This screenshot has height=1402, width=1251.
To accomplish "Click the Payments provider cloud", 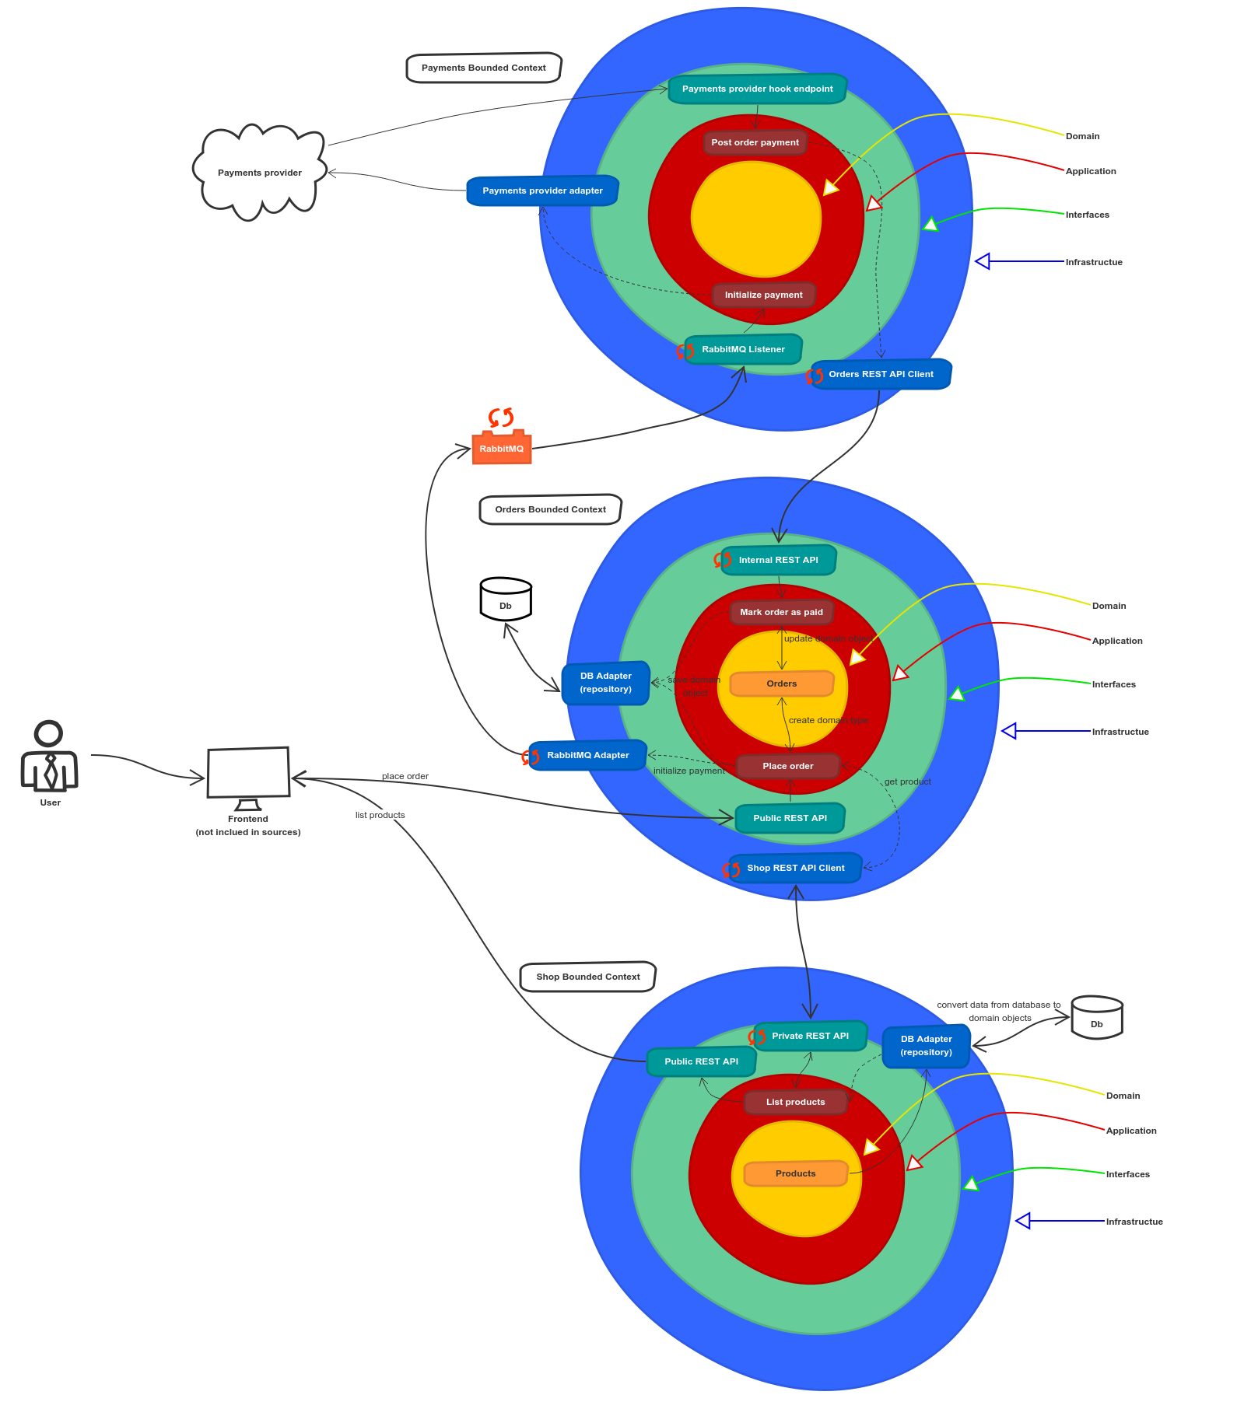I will coord(259,172).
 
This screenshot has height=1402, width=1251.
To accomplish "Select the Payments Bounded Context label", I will coord(483,68).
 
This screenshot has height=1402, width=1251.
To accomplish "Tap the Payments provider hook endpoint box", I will coord(757,89).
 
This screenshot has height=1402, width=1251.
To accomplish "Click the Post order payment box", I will coord(755,142).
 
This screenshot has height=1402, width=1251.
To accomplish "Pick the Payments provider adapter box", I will coord(542,191).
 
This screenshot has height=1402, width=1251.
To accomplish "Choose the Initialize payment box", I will coord(763,295).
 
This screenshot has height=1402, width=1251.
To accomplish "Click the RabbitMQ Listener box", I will coord(743,349).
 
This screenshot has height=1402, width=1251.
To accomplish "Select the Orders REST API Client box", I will coord(881,374).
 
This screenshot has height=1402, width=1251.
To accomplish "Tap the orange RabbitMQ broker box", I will coord(502,449).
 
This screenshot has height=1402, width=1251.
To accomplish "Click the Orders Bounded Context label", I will coord(550,509).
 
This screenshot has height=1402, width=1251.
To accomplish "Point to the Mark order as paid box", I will coord(781,612).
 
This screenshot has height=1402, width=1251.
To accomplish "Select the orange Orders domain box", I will coord(781,684).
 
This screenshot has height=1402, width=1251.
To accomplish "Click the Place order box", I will coord(787,766).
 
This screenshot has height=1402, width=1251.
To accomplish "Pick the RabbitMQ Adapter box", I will coord(587,755).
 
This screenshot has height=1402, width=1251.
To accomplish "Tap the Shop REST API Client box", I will coord(795,868).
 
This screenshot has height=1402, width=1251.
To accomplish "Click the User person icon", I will coord(50,757).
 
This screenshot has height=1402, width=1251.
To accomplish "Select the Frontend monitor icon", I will coord(248,774).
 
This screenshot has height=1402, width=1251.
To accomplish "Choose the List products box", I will coord(795,1102).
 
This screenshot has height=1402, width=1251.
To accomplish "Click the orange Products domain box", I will coord(795,1173).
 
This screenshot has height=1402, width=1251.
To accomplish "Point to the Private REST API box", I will coord(810,1036).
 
